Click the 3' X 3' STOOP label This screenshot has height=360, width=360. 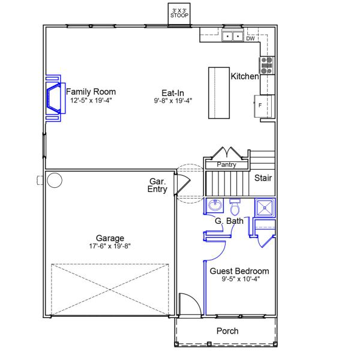pyautogui.click(x=179, y=13)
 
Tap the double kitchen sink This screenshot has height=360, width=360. pyautogui.click(x=232, y=36)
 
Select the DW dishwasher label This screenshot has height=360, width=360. pyautogui.click(x=250, y=38)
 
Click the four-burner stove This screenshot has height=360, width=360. pyautogui.click(x=267, y=65)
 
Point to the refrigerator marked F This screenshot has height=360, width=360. pyautogui.click(x=264, y=106)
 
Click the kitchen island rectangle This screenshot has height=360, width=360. pyautogui.click(x=219, y=93)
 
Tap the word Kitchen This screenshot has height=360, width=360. pyautogui.click(x=245, y=76)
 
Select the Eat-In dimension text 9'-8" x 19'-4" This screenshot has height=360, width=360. pyautogui.click(x=173, y=101)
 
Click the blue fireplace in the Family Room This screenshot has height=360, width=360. pyautogui.click(x=56, y=98)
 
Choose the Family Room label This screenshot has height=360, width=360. pyautogui.click(x=91, y=92)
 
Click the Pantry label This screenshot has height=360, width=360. pyautogui.click(x=226, y=164)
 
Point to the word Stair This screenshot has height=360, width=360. pyautogui.click(x=263, y=178)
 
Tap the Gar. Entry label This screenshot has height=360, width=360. pyautogui.click(x=157, y=185)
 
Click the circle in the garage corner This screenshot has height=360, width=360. pyautogui.click(x=55, y=180)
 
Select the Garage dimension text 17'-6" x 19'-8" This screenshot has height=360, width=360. pyautogui.click(x=110, y=246)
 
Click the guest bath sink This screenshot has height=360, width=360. pyautogui.click(x=215, y=205)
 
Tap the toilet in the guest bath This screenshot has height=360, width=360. pyautogui.click(x=235, y=207)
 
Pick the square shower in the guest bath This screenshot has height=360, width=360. pyautogui.click(x=265, y=208)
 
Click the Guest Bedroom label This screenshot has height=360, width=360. pyautogui.click(x=239, y=271)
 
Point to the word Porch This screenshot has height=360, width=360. pyautogui.click(x=227, y=331)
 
